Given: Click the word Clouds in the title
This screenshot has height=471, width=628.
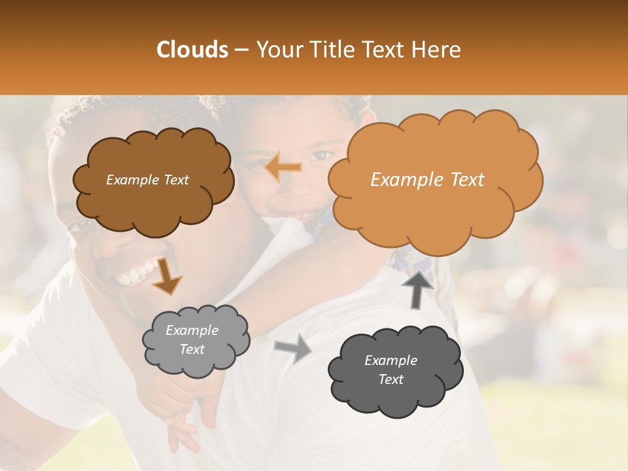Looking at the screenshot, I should click(192, 50).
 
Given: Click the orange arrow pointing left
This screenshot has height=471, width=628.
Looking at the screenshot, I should click(284, 168).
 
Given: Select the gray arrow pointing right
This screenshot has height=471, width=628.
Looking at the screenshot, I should click(293, 349).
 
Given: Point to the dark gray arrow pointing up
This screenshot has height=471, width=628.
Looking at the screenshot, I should click(418, 288).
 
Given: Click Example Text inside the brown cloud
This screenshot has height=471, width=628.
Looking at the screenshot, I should click(147, 180).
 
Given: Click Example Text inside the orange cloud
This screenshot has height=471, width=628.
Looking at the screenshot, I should click(427, 180).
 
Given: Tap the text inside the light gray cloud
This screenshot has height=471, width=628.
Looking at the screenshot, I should click(192, 340).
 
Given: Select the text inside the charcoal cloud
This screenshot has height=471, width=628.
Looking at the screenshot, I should click(391, 370).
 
